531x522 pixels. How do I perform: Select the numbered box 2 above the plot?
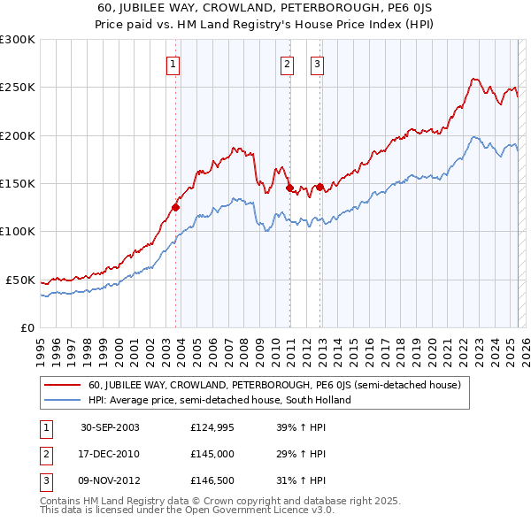[x=288, y=63]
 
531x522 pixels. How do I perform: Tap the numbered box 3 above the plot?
[x=317, y=63]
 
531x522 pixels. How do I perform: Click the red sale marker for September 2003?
[x=176, y=208]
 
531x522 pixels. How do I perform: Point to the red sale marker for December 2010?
[x=289, y=188]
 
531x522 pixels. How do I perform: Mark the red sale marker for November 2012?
[x=319, y=187]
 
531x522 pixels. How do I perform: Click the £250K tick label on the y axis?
[x=18, y=88]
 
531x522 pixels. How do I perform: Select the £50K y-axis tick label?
[x=21, y=280]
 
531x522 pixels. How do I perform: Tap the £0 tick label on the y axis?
[x=28, y=327]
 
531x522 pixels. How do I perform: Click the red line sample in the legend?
[x=63, y=385]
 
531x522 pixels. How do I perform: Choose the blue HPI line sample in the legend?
[x=63, y=400]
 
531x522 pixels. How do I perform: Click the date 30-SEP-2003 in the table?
[x=110, y=428]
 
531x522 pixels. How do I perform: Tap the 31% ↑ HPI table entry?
[x=302, y=481]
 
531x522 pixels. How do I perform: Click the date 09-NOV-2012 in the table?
[x=110, y=481]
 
